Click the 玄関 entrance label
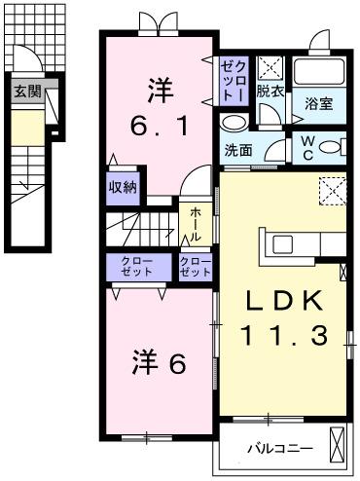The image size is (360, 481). (26, 92)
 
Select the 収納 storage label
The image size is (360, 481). (123, 187)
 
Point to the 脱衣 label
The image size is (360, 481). (270, 92)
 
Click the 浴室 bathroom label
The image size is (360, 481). (319, 102)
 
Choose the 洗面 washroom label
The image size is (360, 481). (238, 151)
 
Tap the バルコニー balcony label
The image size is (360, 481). (279, 448)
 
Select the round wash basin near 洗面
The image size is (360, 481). (233, 123)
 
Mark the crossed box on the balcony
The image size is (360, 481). (337, 445)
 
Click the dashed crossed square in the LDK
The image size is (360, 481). (334, 189)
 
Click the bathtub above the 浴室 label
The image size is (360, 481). (319, 70)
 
